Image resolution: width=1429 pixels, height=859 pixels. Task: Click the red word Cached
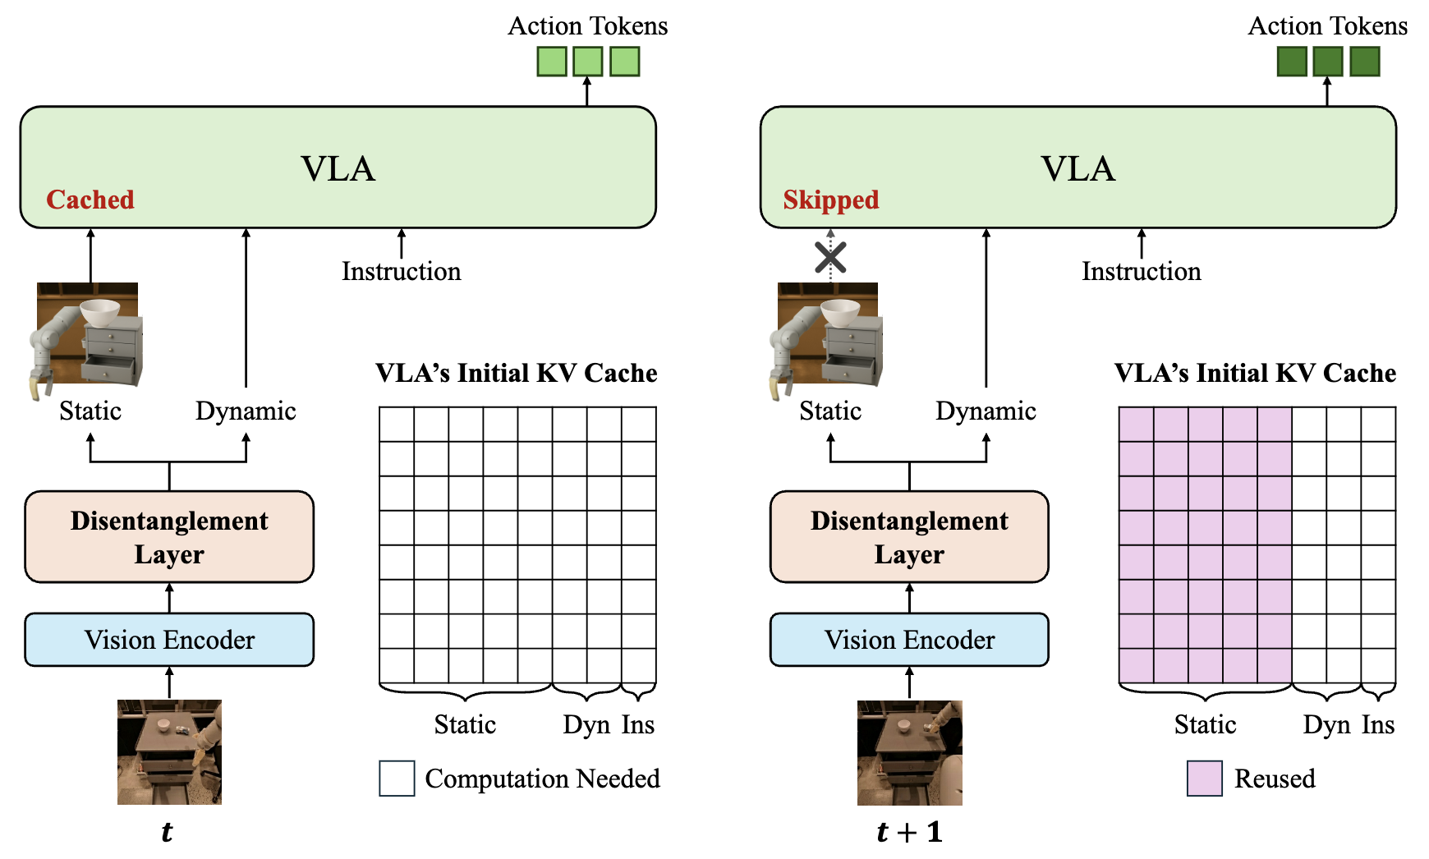(90, 200)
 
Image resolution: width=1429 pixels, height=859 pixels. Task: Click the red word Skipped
(830, 200)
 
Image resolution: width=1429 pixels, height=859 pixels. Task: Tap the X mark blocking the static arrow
(830, 258)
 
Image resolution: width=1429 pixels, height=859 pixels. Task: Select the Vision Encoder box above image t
(169, 640)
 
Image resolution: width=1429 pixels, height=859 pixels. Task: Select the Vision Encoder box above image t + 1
(909, 640)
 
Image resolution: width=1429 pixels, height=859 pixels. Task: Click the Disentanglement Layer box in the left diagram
(169, 537)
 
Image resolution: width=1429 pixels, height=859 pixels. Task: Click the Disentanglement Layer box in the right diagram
(909, 537)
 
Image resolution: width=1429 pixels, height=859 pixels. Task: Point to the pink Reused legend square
(1204, 779)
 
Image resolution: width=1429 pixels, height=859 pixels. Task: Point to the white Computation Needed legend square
(397, 779)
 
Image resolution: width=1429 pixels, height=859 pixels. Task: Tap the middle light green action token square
(588, 62)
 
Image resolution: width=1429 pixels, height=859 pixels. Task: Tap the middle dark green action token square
(1328, 62)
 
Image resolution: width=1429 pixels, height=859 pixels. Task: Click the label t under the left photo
(167, 833)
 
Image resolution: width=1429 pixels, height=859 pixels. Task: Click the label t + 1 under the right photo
(909, 833)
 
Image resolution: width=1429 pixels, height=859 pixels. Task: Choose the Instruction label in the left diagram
(401, 272)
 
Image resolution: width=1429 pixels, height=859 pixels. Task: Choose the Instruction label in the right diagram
(1141, 272)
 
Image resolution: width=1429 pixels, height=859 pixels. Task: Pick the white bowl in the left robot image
(99, 311)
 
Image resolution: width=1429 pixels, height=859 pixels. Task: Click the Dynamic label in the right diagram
(986, 411)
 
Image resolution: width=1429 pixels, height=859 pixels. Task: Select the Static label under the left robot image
(90, 411)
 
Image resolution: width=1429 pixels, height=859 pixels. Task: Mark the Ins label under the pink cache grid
(1378, 725)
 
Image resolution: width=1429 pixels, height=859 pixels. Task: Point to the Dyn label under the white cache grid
(586, 725)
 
